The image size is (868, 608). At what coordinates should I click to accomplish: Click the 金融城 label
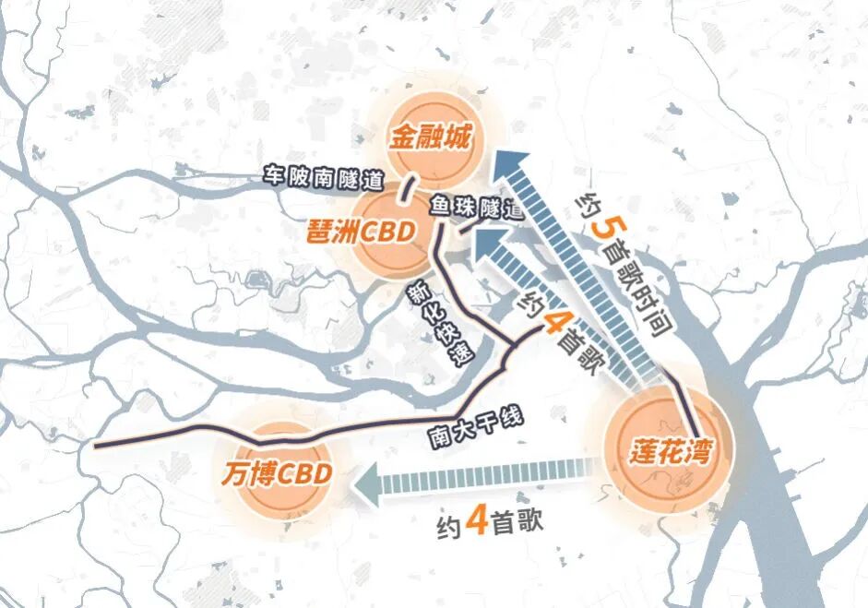pos(430,139)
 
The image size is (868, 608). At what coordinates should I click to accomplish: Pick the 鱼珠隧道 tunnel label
pos(474,207)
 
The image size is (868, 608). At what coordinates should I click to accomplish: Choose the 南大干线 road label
pos(476,424)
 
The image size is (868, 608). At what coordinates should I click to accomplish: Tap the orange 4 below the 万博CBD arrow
pos(477,523)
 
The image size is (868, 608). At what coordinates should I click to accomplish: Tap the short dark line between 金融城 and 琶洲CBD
pos(403,191)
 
